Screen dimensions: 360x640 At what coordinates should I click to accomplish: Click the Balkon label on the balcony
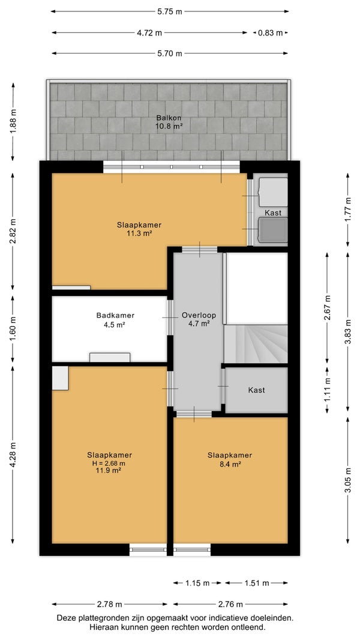click(169, 118)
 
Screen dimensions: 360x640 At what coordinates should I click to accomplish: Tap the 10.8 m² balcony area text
click(169, 126)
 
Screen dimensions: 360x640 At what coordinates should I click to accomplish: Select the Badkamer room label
click(115, 315)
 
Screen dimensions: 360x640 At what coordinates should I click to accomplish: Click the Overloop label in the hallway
click(199, 315)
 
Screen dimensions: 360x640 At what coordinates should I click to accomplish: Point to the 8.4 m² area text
click(230, 463)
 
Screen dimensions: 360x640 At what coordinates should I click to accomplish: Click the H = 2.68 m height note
click(109, 463)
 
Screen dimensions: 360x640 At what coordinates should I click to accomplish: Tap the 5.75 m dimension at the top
click(170, 11)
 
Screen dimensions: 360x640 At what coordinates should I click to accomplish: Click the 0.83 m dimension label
click(271, 32)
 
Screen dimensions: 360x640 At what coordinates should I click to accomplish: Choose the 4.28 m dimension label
click(13, 454)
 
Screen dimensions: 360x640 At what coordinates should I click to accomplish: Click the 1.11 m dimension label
click(327, 390)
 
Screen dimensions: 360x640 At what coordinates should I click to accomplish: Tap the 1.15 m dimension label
click(197, 583)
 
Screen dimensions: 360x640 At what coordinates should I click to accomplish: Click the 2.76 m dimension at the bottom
click(231, 604)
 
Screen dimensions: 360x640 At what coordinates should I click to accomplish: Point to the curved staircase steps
click(256, 344)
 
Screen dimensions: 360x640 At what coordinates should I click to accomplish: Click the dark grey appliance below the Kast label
click(274, 229)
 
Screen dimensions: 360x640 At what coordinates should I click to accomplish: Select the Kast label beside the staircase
click(256, 390)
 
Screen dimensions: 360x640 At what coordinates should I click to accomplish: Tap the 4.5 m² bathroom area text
click(115, 325)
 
